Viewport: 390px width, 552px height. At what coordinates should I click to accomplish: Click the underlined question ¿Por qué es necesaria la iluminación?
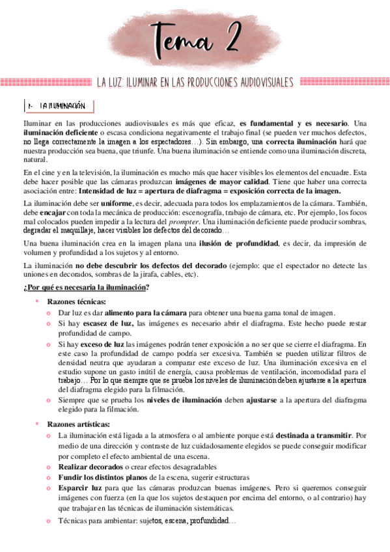[85, 287]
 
